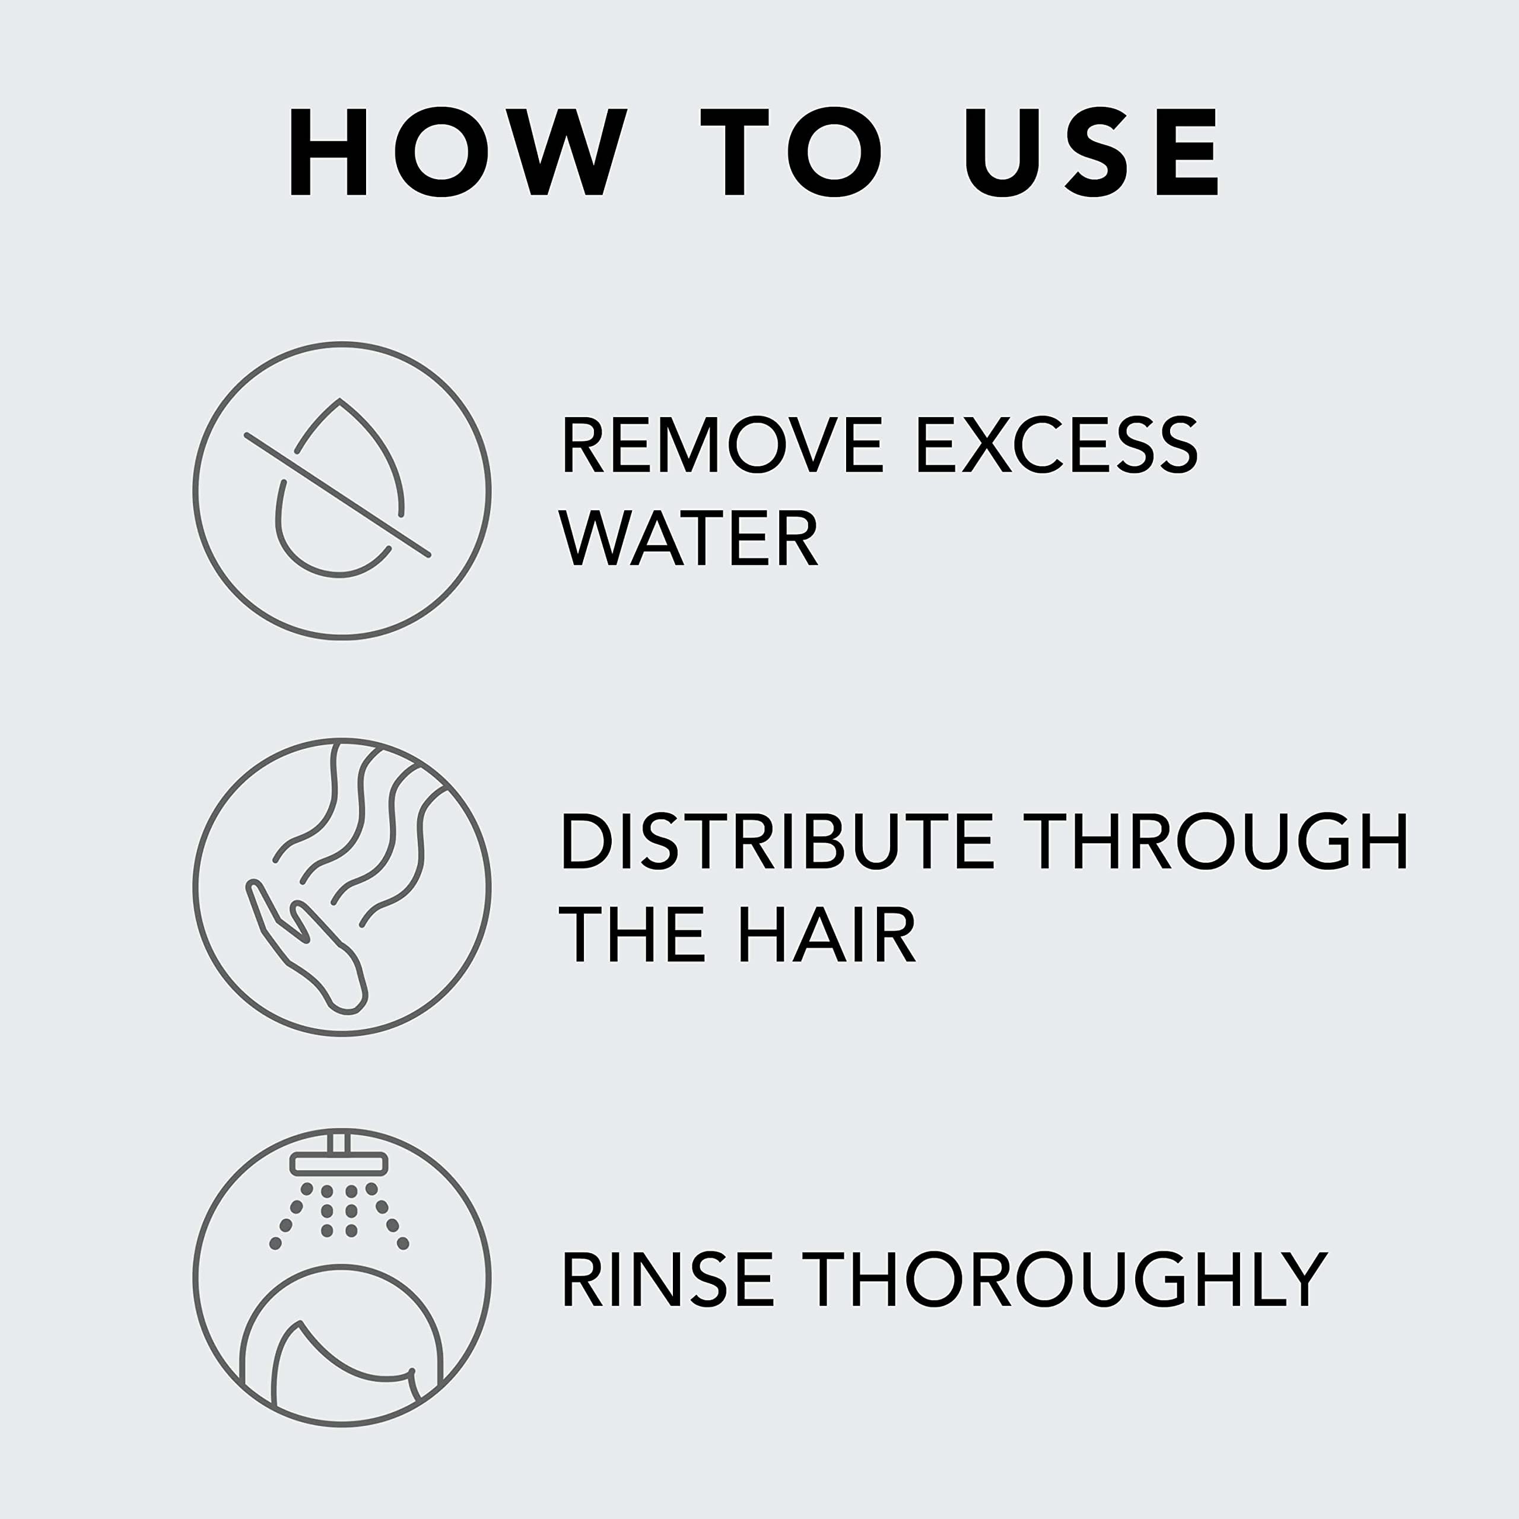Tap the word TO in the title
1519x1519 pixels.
[790, 152]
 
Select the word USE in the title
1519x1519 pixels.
[1092, 152]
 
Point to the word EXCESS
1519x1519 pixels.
[1057, 445]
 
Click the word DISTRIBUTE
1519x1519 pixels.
[777, 841]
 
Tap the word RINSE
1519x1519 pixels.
[668, 1280]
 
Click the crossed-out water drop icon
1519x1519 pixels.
[342, 491]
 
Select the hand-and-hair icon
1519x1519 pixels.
[342, 887]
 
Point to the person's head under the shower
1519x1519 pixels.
[342, 1337]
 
